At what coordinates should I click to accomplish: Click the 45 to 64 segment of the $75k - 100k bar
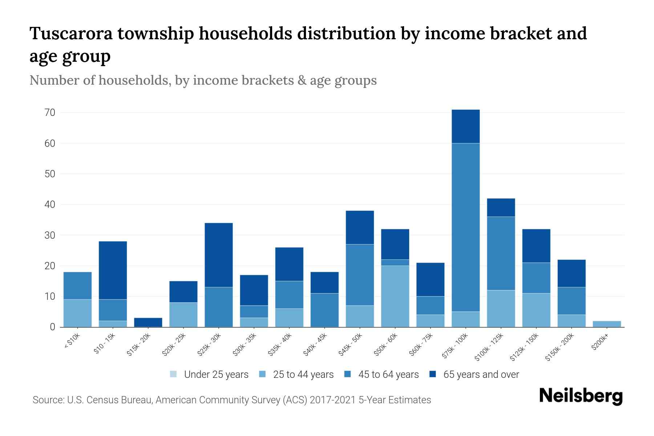pyautogui.click(x=465, y=227)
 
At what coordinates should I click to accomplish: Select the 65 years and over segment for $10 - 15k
pyautogui.click(x=113, y=270)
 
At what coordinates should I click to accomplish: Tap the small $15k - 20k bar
pyautogui.click(x=148, y=322)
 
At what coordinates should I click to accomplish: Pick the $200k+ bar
pyautogui.click(x=606, y=324)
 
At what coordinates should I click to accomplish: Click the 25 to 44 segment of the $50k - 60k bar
pyautogui.click(x=395, y=296)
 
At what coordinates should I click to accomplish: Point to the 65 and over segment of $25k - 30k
pyautogui.click(x=219, y=255)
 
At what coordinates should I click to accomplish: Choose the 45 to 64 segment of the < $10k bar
pyautogui.click(x=77, y=286)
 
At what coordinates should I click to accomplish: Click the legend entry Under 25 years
pyautogui.click(x=216, y=375)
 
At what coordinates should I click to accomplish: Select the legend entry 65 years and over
pyautogui.click(x=481, y=375)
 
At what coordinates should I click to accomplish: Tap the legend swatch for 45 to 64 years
pyautogui.click(x=348, y=374)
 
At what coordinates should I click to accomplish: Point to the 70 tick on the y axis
pyautogui.click(x=50, y=113)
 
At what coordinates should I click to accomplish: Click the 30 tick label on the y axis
pyautogui.click(x=50, y=235)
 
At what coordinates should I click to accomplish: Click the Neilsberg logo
pyautogui.click(x=581, y=396)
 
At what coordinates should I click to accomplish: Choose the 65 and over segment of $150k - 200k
pyautogui.click(x=571, y=273)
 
